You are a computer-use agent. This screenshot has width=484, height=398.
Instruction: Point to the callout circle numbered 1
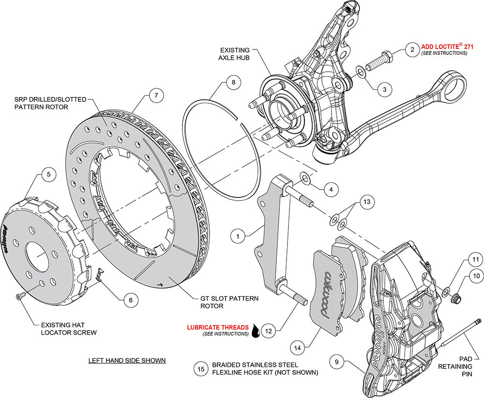[x=238, y=236]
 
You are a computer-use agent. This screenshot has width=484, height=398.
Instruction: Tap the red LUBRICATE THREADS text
[x=218, y=328]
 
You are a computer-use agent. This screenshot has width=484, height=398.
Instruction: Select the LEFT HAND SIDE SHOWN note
[x=127, y=361]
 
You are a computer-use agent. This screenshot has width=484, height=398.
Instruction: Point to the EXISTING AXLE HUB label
[x=235, y=54]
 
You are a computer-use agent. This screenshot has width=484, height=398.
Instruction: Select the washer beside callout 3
[x=361, y=73]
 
